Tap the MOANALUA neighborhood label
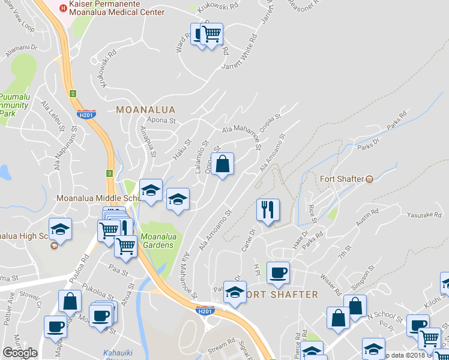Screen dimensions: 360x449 click(145, 110)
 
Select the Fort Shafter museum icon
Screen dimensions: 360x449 click(370, 178)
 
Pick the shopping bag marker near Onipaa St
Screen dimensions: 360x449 click(222, 164)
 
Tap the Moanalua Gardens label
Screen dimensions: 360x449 click(158, 241)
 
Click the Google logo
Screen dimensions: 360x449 click(20, 353)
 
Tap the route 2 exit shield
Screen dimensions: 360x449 click(73, 93)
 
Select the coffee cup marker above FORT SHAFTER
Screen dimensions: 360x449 click(278, 272)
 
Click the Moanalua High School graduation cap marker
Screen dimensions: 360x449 click(59, 229)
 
